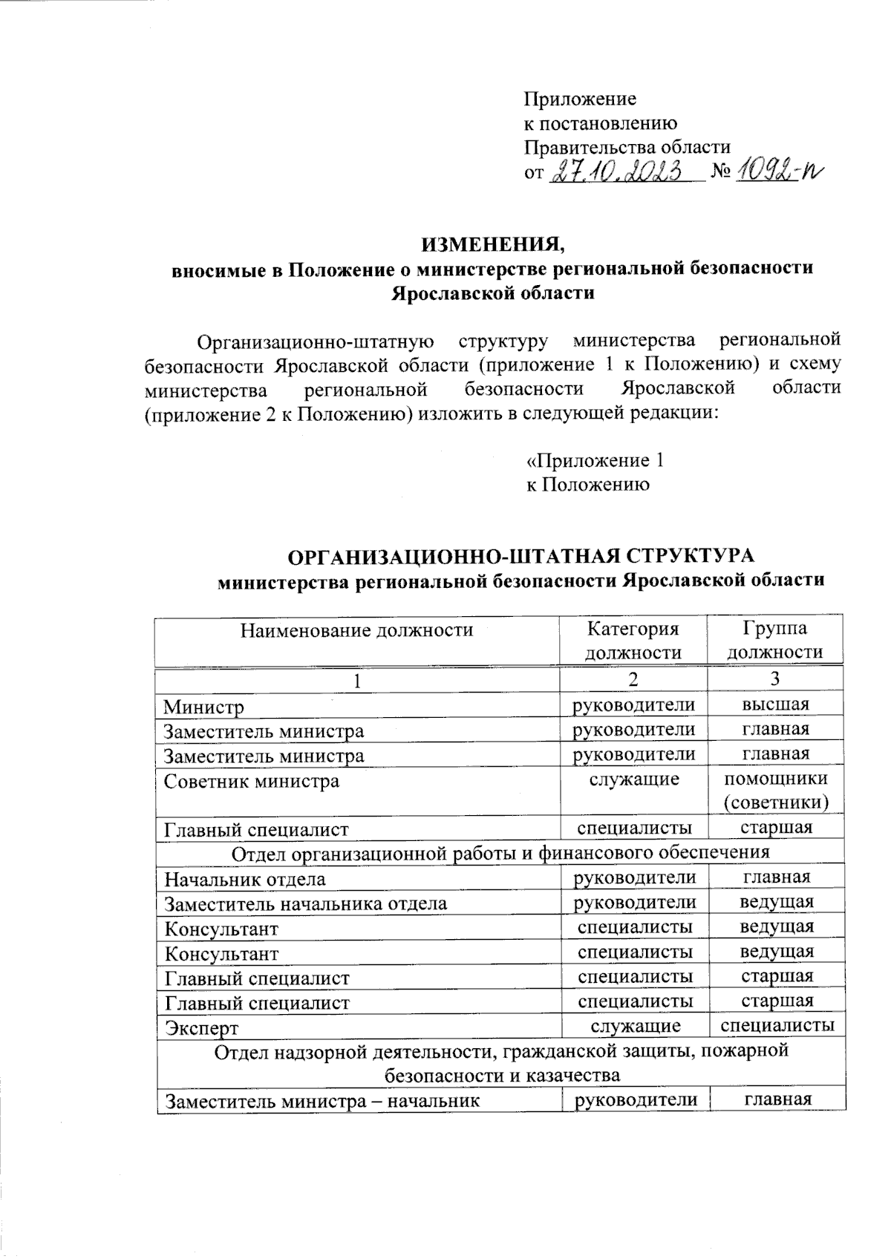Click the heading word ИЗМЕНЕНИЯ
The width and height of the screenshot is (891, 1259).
point(494,244)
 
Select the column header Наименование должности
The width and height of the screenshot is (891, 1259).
point(356,630)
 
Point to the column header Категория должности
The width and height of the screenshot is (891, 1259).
point(633,641)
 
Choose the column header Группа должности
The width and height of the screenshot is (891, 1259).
point(774,641)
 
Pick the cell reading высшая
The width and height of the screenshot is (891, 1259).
point(775,704)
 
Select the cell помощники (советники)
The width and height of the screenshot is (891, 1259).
point(775,791)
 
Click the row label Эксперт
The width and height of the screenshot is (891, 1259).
point(202,1028)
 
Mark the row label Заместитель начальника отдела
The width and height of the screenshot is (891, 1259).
point(306,904)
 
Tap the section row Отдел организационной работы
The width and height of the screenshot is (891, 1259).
point(500,852)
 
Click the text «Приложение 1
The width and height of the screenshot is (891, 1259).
point(595,461)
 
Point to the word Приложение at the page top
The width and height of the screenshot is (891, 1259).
point(581,99)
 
